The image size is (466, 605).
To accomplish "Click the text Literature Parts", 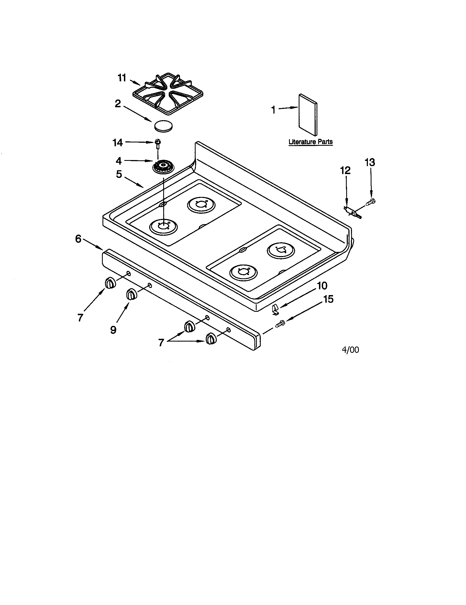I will coord(310,142).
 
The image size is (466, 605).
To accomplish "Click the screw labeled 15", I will coord(280,323).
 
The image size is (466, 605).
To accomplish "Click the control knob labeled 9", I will coord(131,295).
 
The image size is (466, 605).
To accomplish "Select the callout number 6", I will coord(78,239).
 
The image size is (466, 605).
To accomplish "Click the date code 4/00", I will coord(350,350).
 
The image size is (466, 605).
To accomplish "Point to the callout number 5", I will coord(119,175).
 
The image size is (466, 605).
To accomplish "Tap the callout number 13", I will coord(370,162).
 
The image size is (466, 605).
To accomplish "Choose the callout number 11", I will coord(122,78).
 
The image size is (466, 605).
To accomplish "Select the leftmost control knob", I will coord(110,284).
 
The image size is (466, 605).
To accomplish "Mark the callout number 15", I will coord(328,299).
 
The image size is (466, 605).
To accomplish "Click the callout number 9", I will coord(113,330).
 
